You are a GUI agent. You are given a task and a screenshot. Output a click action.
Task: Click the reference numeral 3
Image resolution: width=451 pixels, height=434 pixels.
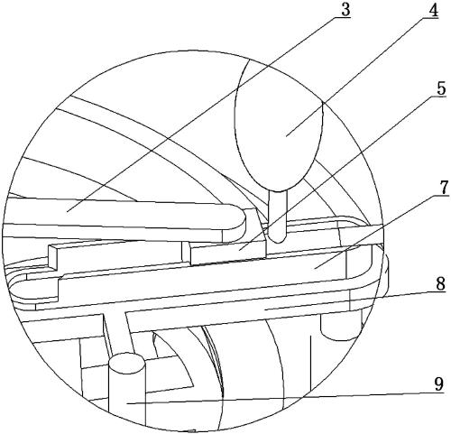pyautogui.click(x=345, y=10)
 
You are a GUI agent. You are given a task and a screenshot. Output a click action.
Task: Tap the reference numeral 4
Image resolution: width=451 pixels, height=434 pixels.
pyautogui.click(x=433, y=11)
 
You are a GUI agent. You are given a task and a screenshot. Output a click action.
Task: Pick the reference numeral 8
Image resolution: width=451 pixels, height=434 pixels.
pyautogui.click(x=440, y=284)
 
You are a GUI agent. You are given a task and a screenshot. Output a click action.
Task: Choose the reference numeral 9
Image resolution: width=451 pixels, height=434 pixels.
pyautogui.click(x=439, y=384)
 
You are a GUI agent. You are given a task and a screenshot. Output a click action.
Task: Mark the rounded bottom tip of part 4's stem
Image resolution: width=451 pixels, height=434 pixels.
pyautogui.click(x=278, y=240)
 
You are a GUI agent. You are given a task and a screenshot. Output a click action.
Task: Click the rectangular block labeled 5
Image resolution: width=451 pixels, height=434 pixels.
pyautogui.click(x=228, y=251)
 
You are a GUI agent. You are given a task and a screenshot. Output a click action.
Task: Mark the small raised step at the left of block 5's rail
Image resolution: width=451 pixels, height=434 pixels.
pyautogui.click(x=53, y=257)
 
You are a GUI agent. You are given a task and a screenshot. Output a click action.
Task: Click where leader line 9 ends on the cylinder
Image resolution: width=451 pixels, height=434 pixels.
pyautogui.click(x=127, y=403)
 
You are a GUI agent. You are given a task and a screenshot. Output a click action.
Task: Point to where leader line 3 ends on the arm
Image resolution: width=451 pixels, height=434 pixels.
pyautogui.click(x=67, y=211)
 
